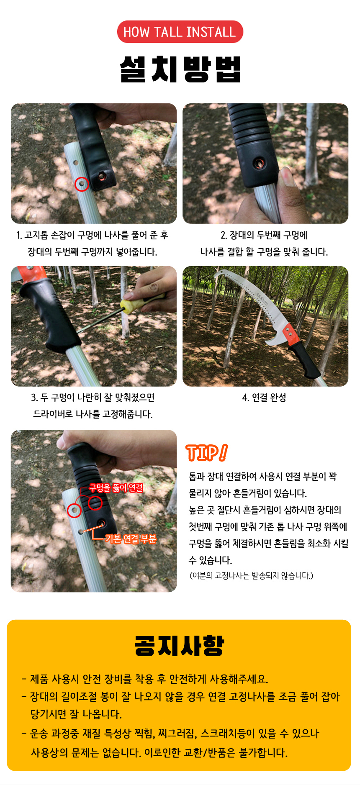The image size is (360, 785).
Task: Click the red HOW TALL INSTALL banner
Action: click(x=180, y=32)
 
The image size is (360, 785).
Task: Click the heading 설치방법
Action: click(x=180, y=69)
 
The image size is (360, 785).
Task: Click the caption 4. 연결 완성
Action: click(x=264, y=398)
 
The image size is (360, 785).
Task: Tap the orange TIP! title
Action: click(x=207, y=452)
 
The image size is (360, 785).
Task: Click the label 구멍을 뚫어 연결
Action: click(x=116, y=488)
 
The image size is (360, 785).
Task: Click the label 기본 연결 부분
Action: click(x=131, y=539)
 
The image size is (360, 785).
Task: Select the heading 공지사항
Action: click(x=180, y=646)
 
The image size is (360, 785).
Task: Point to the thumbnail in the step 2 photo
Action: click(x=287, y=176)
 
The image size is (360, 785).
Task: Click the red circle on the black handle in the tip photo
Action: click(x=95, y=503)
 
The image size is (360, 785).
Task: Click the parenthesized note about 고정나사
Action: click(x=251, y=576)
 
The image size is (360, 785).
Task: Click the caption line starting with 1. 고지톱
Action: click(x=92, y=235)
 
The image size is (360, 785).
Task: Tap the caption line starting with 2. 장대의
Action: click(x=264, y=235)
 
